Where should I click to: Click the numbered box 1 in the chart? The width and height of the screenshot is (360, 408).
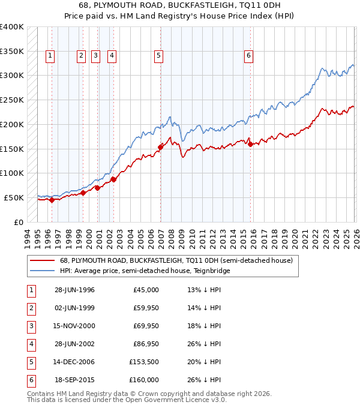[49, 56]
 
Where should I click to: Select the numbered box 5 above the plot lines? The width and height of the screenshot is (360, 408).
[158, 56]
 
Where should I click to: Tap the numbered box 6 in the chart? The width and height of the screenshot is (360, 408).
[248, 56]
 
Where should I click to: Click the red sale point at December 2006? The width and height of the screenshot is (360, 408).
[160, 146]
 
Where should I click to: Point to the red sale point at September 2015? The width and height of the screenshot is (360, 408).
[250, 143]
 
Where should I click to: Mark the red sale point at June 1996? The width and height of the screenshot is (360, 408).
[52, 200]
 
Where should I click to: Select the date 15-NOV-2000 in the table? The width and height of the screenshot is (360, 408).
[74, 325]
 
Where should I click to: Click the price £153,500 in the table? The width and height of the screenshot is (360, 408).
[144, 361]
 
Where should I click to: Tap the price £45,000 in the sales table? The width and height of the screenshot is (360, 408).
[146, 289]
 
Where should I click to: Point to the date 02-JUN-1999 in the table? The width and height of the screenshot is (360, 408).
[74, 307]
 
